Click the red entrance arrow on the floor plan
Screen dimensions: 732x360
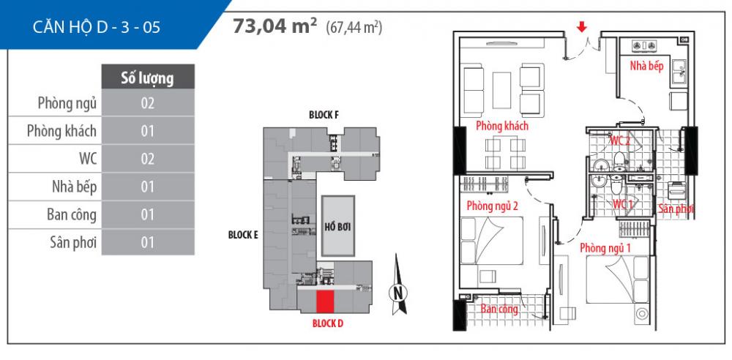coord(581,28)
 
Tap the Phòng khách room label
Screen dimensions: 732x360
coord(502,126)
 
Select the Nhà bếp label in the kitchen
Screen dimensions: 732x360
coord(646,66)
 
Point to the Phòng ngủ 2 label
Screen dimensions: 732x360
coord(492,206)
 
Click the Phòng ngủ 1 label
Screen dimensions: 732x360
coord(605,248)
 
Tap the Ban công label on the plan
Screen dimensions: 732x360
coord(499,309)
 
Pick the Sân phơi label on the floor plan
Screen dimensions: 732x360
coord(676,209)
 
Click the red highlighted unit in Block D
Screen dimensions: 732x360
coord(325,301)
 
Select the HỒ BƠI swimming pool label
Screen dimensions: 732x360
coord(337,228)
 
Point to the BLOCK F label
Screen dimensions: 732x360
coord(324,115)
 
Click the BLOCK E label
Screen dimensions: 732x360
coord(243,235)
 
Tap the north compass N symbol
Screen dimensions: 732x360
coord(397,293)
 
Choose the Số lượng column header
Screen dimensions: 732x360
coord(148,77)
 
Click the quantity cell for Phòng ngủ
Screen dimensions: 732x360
coord(148,102)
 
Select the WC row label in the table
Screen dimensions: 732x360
coord(88,159)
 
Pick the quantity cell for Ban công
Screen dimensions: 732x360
coord(148,215)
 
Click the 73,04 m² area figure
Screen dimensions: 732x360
coord(272,26)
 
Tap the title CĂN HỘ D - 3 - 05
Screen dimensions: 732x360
coord(97,27)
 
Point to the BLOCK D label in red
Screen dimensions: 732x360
coord(328,323)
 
